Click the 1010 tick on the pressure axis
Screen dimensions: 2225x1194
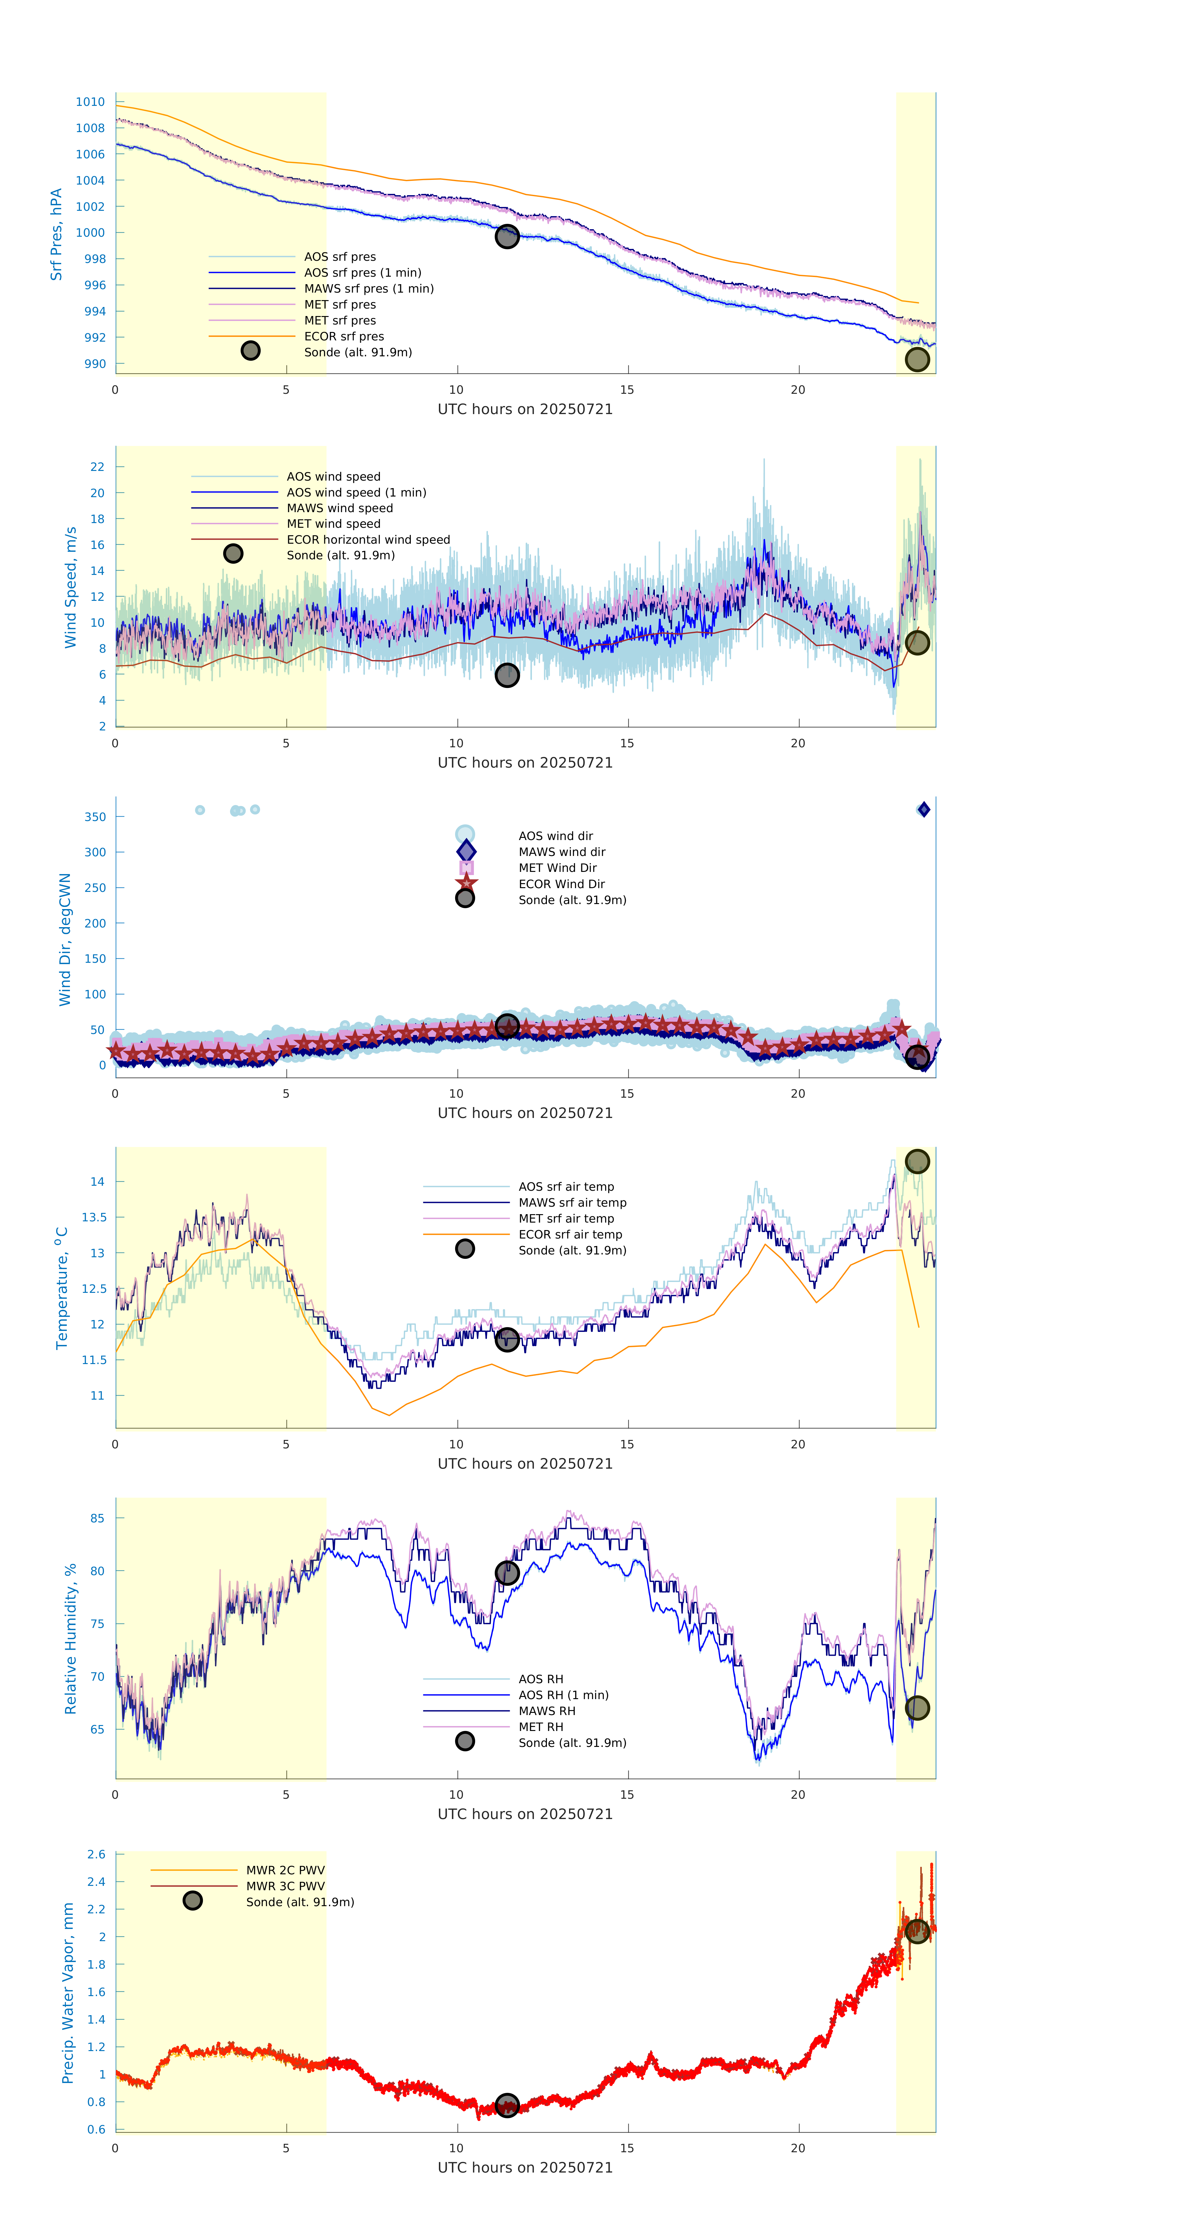click(90, 102)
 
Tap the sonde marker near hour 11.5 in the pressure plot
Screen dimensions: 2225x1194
click(507, 236)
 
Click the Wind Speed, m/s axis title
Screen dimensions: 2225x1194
click(70, 587)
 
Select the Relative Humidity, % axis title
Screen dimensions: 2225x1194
click(70, 1639)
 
